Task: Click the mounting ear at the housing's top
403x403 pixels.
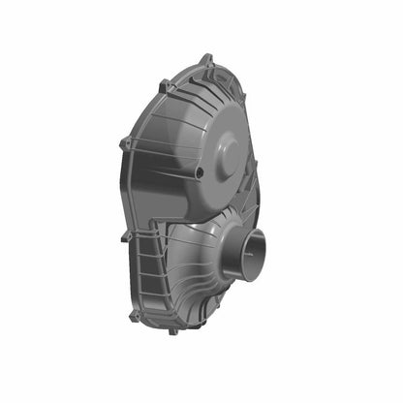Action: (x=206, y=61)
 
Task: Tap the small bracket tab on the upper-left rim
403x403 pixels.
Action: (x=164, y=86)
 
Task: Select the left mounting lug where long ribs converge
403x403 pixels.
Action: (x=125, y=145)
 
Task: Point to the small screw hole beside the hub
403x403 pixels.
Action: (x=199, y=172)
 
